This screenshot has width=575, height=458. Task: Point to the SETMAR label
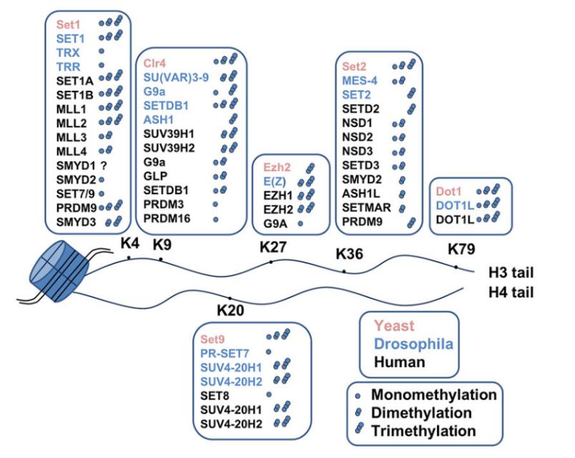tap(365, 209)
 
